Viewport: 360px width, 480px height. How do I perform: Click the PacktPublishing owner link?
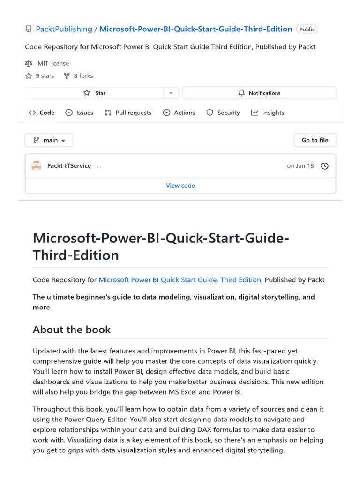click(64, 29)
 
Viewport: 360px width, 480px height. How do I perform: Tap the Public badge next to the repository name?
click(307, 29)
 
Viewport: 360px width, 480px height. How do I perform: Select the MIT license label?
click(53, 63)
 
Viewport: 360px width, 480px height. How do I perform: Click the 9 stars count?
click(40, 76)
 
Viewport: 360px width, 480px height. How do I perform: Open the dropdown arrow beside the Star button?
click(171, 93)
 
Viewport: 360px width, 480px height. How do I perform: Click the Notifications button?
click(259, 93)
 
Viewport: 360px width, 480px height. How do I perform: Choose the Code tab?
click(42, 112)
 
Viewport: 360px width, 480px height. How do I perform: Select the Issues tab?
click(79, 112)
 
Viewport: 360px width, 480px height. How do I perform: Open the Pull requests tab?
click(128, 112)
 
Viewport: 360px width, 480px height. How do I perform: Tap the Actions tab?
click(179, 112)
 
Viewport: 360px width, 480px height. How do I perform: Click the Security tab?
click(223, 112)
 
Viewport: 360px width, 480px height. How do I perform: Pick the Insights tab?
click(268, 112)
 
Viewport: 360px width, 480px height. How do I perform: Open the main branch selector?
click(49, 140)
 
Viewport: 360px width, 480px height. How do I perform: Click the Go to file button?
click(315, 140)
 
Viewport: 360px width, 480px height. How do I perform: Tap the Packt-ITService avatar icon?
click(36, 166)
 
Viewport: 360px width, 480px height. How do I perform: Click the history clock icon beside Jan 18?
click(324, 166)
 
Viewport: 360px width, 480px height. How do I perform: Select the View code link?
click(180, 186)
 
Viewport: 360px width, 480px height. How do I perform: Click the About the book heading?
click(72, 330)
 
